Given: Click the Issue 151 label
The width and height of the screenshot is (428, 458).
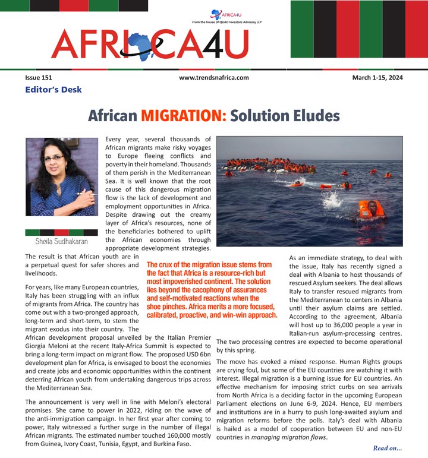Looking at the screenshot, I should [x=38, y=78].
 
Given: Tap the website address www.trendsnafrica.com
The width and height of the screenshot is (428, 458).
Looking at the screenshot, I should [x=213, y=78].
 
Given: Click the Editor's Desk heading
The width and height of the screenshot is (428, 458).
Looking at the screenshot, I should [x=53, y=90].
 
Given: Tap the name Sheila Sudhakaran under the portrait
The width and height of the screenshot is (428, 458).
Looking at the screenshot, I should [x=61, y=242].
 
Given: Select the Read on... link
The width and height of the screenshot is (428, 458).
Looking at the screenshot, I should [x=388, y=447].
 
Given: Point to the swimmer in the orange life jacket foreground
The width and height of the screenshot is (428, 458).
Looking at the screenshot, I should [x=370, y=208].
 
